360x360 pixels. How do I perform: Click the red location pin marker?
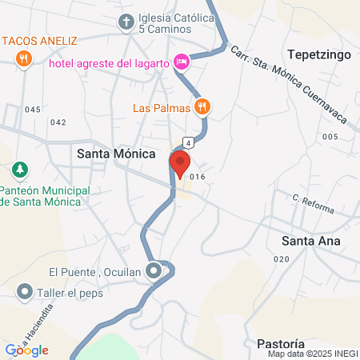[x=180, y=163]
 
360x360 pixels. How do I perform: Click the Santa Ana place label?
[x=311, y=241]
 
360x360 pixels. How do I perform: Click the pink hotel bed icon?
[x=182, y=62]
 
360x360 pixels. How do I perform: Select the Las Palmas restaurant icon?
[x=203, y=106]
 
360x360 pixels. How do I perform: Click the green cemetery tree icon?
[x=19, y=170]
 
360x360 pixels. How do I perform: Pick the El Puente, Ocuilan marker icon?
[x=153, y=270]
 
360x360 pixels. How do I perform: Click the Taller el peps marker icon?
[x=26, y=292]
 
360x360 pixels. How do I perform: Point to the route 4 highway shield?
[x=189, y=142]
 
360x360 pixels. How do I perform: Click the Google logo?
[x=26, y=350]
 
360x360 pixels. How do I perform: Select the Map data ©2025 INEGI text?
[x=310, y=354]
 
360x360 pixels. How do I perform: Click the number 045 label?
[x=32, y=110]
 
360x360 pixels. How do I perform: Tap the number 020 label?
[x=281, y=259]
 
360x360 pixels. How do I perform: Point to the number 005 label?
[x=330, y=137]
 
